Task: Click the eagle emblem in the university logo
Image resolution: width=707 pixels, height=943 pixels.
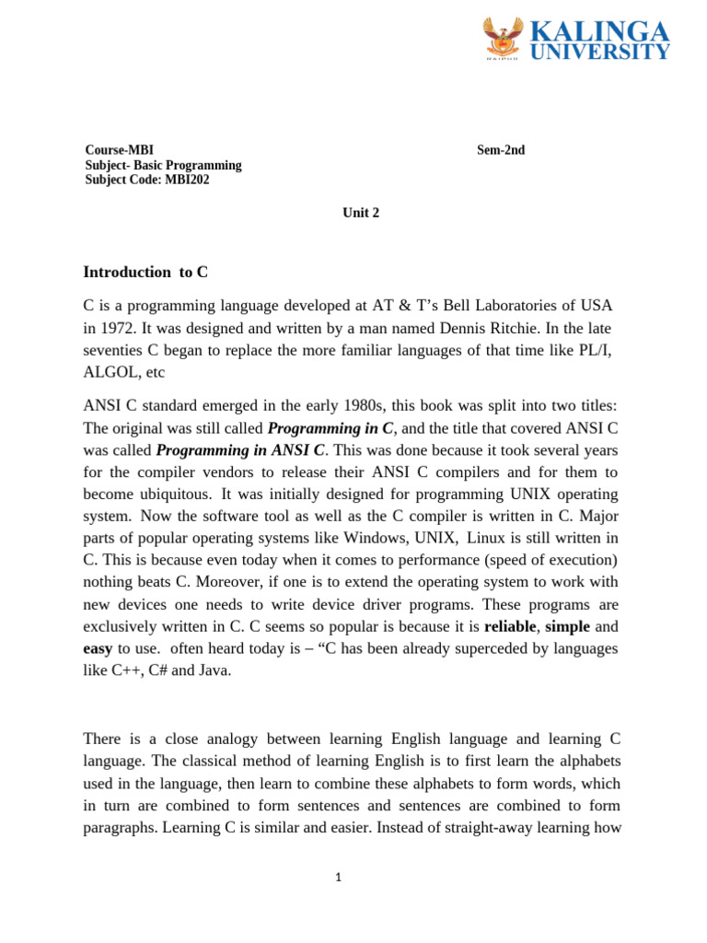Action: pos(504,38)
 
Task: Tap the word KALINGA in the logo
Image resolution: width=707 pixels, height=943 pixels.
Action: pos(599,32)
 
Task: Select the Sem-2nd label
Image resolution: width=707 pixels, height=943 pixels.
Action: pos(501,150)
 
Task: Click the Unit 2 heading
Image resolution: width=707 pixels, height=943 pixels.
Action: pos(361,213)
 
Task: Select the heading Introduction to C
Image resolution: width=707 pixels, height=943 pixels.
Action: pos(145,272)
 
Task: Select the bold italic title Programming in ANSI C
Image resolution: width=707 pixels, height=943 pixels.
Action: pos(240,450)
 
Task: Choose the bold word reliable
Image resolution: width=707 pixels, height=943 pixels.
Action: pos(509,626)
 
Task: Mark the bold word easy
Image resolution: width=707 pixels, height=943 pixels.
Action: pos(98,648)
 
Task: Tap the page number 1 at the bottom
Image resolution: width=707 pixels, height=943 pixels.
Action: pos(339,878)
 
